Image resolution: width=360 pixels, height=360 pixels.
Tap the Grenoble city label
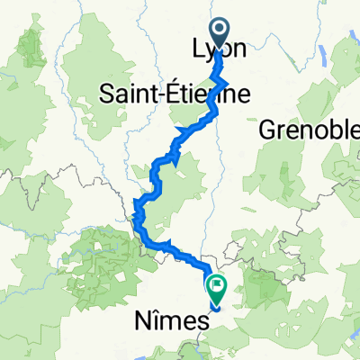tap(309, 131)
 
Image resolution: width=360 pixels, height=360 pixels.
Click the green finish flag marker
tap(216, 288)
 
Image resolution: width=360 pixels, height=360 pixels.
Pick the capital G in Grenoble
tap(268, 131)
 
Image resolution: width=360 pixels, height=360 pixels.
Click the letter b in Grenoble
tap(328, 131)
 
